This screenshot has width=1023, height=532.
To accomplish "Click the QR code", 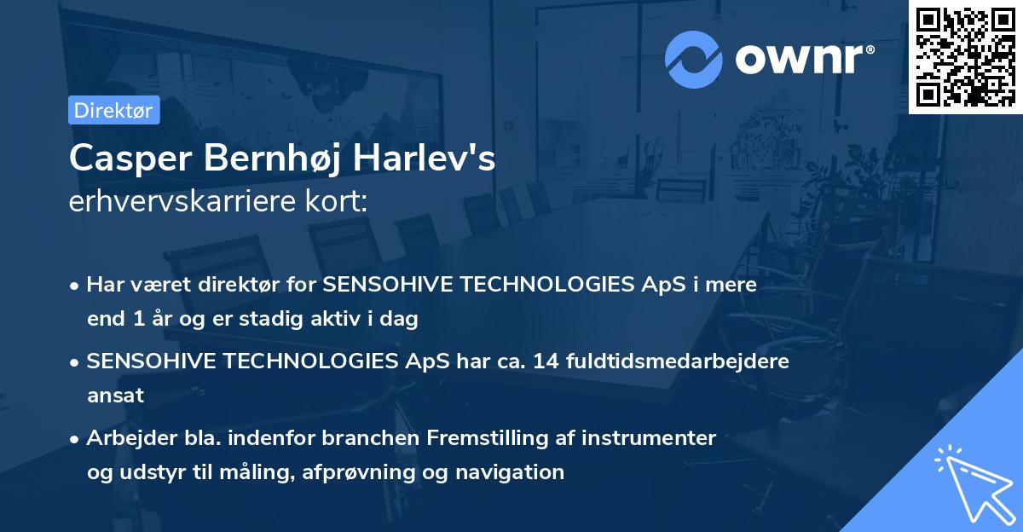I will (x=965, y=57).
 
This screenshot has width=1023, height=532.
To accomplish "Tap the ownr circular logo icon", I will (x=693, y=60).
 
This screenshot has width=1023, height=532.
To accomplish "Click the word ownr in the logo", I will (x=800, y=58).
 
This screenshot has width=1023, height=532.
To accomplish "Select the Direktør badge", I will (x=113, y=110).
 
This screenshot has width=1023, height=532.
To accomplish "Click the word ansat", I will (x=115, y=396).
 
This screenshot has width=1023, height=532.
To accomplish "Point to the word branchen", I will (x=374, y=438).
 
